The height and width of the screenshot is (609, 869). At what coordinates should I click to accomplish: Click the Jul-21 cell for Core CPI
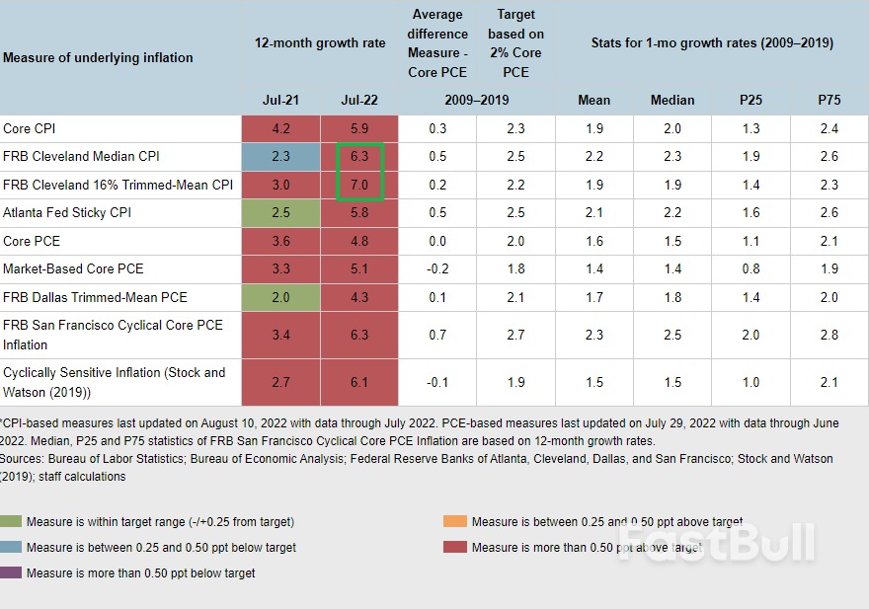tap(280, 128)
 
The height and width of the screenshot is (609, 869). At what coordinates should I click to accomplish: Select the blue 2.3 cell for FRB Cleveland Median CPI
tap(280, 156)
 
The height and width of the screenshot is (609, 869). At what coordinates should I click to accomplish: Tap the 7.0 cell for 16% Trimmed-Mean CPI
tap(359, 185)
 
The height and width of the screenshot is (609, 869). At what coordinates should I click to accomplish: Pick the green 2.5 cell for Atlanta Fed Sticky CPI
tap(280, 212)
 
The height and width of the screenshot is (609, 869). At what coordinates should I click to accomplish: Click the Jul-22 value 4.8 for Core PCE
tap(359, 241)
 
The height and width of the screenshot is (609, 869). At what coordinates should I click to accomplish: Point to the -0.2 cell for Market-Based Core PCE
tap(437, 268)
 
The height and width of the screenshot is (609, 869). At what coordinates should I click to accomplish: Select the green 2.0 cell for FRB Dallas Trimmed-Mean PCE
tap(280, 297)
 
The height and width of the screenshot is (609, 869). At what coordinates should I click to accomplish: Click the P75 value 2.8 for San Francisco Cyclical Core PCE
tap(829, 335)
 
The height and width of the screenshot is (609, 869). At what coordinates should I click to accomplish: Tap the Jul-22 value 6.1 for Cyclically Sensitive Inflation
tap(359, 382)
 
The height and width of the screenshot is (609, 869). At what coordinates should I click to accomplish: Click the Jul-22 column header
tap(359, 100)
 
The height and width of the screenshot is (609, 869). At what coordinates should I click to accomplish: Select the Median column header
tap(672, 100)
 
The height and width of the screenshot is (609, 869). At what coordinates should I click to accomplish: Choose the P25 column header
tap(750, 100)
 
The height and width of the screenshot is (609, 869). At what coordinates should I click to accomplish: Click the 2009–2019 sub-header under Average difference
tap(477, 100)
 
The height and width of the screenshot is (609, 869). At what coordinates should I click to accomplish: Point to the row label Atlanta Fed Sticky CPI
tap(67, 212)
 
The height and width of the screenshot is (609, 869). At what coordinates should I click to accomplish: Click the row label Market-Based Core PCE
tap(73, 268)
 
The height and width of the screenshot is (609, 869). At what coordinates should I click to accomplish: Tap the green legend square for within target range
tap(12, 522)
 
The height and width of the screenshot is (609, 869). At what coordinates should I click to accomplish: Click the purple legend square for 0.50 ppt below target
tap(12, 572)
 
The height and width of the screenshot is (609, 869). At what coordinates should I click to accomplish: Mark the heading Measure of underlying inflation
tap(98, 57)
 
